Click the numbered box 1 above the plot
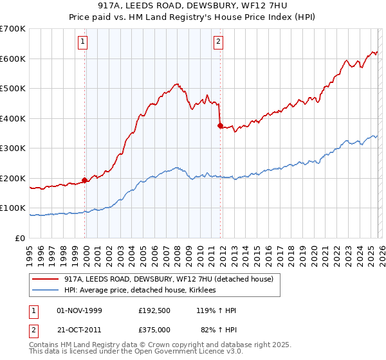tap(84, 42)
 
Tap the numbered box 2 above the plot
tap(219, 42)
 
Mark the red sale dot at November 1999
tap(85, 180)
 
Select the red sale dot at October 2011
tap(220, 126)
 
